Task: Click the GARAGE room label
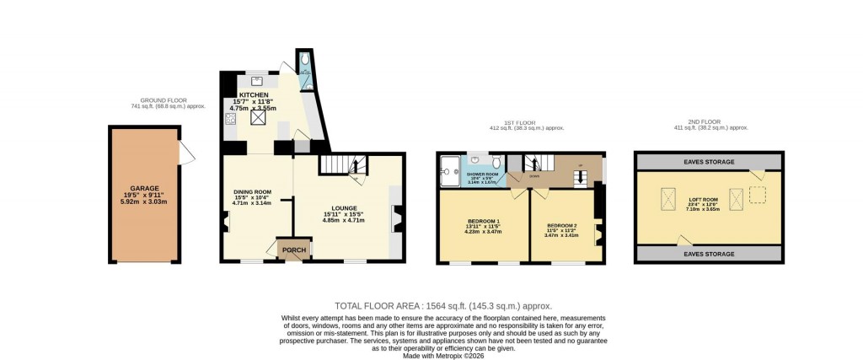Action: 144,189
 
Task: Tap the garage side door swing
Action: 186,153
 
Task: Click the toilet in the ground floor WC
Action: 304,62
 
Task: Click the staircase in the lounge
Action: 342,164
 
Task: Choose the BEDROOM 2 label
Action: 562,226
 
